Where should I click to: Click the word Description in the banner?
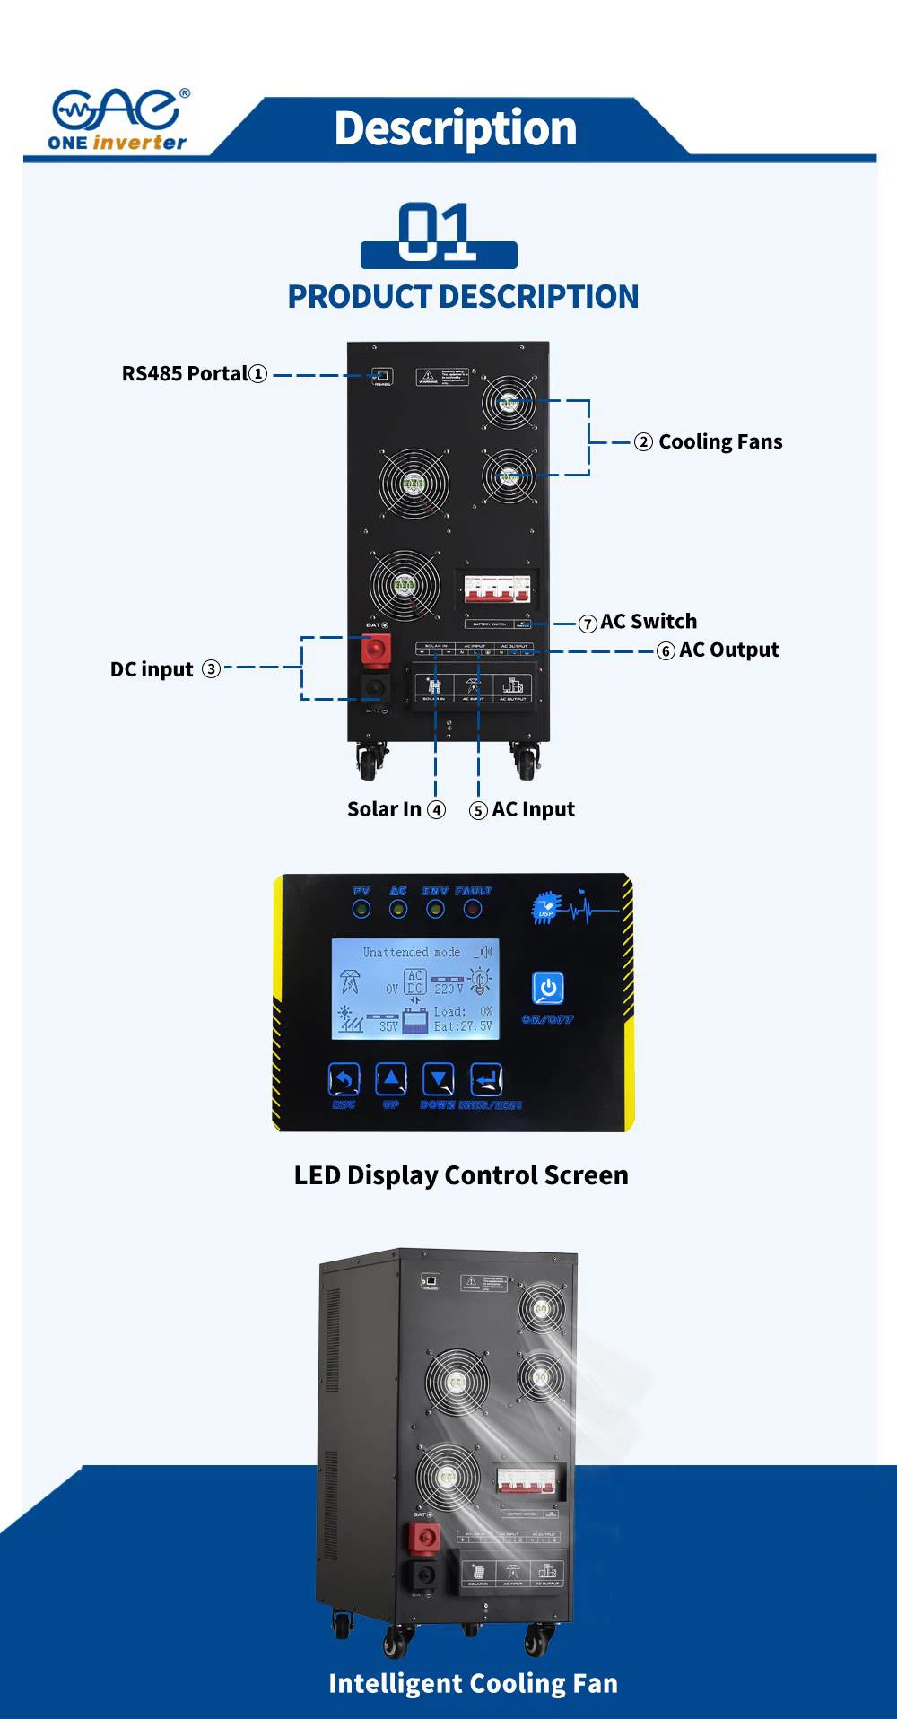pyautogui.click(x=455, y=128)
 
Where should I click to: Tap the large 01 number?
pyautogui.click(x=437, y=232)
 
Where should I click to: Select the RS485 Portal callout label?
pyautogui.click(x=194, y=373)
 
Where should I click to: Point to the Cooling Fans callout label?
pyautogui.click(x=719, y=441)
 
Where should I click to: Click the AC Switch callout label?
pyautogui.click(x=648, y=621)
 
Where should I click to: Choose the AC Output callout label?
pyautogui.click(x=727, y=650)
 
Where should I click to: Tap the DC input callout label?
pyautogui.click(x=152, y=669)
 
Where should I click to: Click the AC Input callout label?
pyautogui.click(x=533, y=809)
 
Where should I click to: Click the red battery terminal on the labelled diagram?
pyautogui.click(x=376, y=649)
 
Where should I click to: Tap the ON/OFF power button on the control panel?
pyautogui.click(x=547, y=988)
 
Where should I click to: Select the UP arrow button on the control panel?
pyautogui.click(x=390, y=1079)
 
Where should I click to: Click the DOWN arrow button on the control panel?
pyautogui.click(x=438, y=1079)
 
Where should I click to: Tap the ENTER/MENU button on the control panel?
pyautogui.click(x=486, y=1079)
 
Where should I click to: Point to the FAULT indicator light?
pyautogui.click(x=473, y=910)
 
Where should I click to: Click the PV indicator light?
pyautogui.click(x=361, y=910)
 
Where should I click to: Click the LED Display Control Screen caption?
pyautogui.click(x=461, y=1175)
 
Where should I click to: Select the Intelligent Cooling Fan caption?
pyautogui.click(x=473, y=1684)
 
